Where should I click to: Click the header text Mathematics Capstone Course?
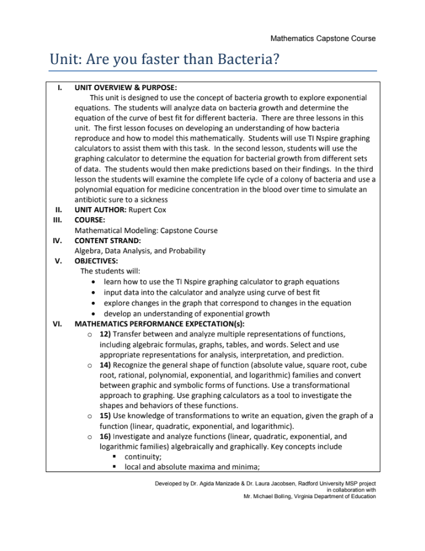[x=322, y=39]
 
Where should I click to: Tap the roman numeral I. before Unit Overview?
[x=60, y=87]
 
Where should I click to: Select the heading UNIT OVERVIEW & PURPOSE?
[x=125, y=87]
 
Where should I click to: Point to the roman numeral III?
[x=59, y=220]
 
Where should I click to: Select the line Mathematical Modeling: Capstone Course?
[x=146, y=230]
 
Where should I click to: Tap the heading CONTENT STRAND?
[x=107, y=241]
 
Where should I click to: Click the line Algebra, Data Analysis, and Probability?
[x=140, y=251]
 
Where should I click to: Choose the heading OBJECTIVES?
[x=96, y=261]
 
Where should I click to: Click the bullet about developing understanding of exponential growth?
[x=187, y=314]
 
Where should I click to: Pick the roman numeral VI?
[x=58, y=324]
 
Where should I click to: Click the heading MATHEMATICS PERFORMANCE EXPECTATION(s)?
[x=159, y=324]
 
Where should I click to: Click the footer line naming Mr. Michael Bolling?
[x=309, y=496]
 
